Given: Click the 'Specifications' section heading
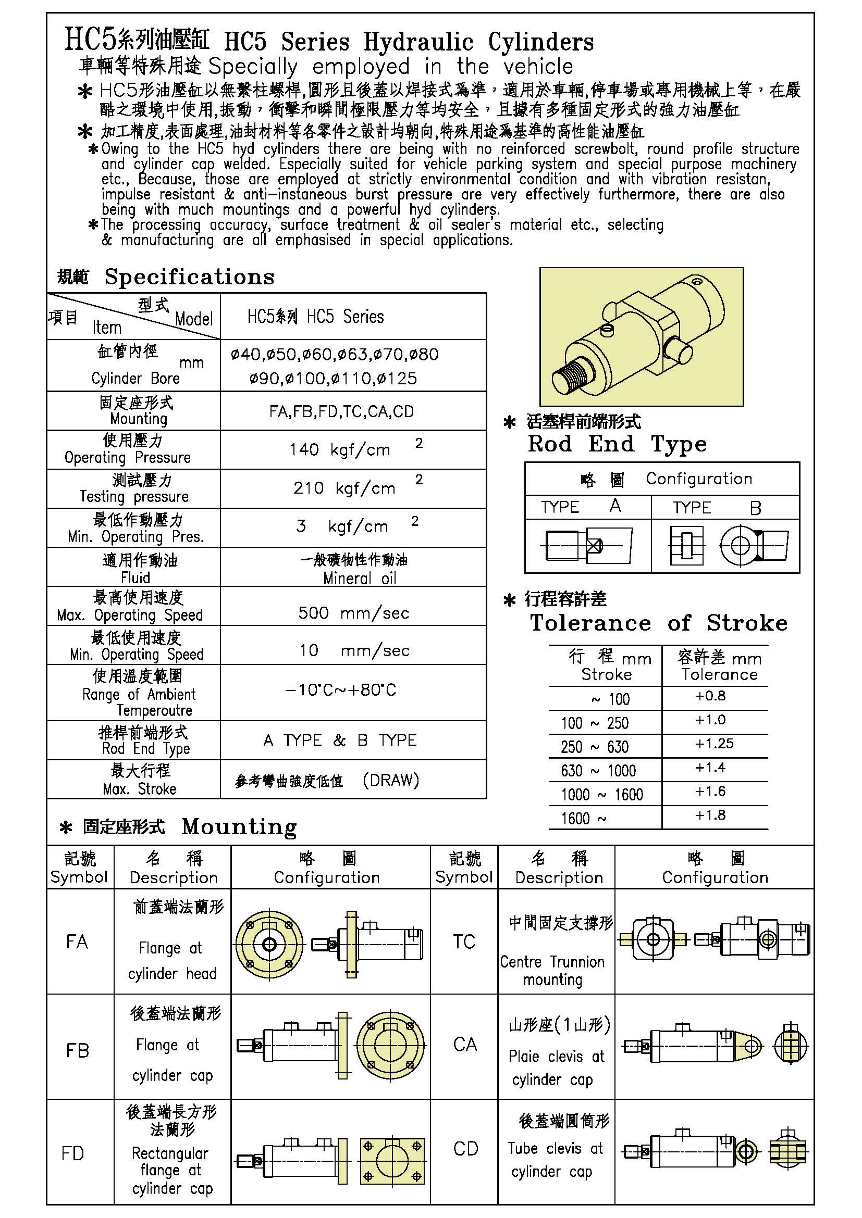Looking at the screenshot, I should (189, 277).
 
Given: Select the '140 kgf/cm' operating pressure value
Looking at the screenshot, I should (340, 450).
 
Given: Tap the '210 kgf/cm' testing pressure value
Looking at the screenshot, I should (344, 488).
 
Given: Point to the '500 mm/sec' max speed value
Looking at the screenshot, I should (353, 613).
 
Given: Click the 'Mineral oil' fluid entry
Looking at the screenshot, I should (360, 578).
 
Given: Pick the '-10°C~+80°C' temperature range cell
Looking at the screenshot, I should (340, 689).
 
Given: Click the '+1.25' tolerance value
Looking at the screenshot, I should (715, 744).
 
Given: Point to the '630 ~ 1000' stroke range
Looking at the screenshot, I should (598, 770).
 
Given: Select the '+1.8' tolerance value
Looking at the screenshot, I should (710, 815).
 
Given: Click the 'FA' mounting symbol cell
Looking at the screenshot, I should (77, 941).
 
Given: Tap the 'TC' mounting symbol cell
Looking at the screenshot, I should (463, 941).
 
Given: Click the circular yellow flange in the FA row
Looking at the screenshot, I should (269, 945).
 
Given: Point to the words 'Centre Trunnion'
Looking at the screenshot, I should (552, 962).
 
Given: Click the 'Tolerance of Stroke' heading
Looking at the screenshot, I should (659, 623).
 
